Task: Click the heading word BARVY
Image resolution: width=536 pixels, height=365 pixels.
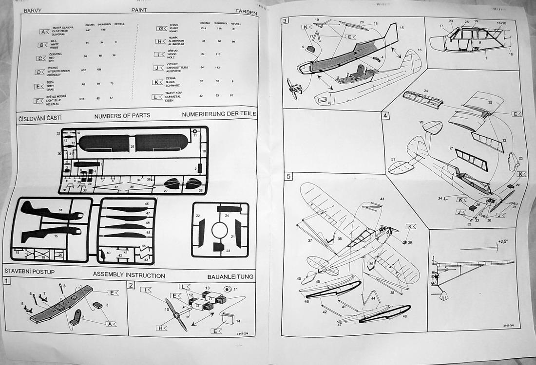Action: [x=32, y=10]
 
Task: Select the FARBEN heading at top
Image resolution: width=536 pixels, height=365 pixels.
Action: [x=246, y=12]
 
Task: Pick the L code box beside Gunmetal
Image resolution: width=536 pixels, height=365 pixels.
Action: [x=158, y=97]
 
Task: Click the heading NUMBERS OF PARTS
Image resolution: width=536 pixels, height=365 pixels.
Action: [x=122, y=116]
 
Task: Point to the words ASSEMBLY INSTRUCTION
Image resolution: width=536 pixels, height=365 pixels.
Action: [x=129, y=275]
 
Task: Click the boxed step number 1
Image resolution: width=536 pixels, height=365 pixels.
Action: [x=6, y=281]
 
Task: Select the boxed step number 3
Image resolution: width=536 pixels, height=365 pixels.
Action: [x=285, y=20]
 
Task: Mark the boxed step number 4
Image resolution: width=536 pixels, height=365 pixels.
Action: [x=385, y=116]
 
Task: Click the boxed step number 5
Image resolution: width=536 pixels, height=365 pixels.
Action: [x=288, y=176]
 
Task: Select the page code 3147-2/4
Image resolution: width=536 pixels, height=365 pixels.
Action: [x=249, y=333]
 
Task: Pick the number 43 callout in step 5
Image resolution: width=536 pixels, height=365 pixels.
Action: [x=382, y=199]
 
